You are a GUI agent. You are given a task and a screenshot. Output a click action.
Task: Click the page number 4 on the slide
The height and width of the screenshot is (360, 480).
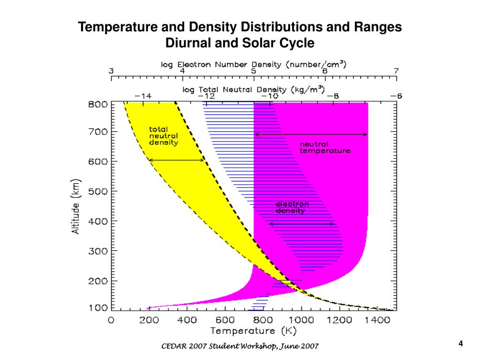461,344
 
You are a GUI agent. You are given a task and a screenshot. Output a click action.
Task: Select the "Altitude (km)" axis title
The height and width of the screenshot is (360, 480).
76,207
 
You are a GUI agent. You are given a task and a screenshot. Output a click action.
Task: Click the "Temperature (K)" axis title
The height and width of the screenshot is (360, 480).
254,331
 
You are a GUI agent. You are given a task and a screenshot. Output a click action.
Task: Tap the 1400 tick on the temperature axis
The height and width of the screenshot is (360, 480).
378,320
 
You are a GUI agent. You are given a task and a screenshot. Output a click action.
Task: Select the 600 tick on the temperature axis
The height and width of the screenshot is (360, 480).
225,320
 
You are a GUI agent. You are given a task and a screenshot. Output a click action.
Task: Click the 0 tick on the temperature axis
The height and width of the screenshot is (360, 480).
111,320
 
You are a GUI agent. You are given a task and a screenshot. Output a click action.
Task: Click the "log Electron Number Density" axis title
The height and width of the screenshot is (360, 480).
254,64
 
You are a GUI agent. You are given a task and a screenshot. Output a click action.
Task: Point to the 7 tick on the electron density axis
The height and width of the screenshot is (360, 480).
396,71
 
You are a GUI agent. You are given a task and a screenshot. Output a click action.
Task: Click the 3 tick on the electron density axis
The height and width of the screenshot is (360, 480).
111,71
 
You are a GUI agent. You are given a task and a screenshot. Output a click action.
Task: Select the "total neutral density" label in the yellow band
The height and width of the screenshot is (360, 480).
163,136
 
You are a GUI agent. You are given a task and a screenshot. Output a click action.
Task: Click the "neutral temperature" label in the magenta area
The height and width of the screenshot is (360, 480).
325,148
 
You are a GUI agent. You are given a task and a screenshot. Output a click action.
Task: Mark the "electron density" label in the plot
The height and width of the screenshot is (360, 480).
292,207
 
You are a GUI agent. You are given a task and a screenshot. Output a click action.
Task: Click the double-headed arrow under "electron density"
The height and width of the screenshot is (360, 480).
302,224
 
